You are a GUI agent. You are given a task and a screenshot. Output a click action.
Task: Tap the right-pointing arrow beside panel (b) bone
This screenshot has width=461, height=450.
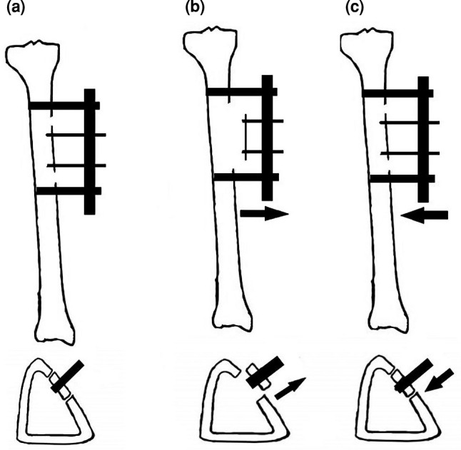(x=264, y=214)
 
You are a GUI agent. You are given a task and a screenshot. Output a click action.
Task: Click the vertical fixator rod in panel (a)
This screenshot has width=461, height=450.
(x=89, y=151)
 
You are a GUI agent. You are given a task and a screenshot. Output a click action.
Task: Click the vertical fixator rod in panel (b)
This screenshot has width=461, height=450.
(x=268, y=137)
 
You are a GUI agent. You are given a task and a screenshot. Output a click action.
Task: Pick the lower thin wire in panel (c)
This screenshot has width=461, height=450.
(x=404, y=153)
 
